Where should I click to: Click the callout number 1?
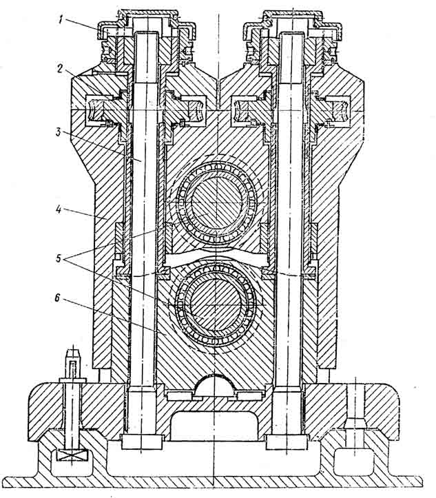coord(60,21)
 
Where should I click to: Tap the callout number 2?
coord(60,69)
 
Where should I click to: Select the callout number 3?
coord(58,132)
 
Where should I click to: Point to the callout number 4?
coord(59,210)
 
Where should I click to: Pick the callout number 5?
coord(59,258)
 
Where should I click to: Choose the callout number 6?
coord(57,298)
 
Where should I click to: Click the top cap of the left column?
coord(149,14)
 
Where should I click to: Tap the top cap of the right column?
coord(293,14)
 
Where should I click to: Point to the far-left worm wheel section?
coord(98,110)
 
